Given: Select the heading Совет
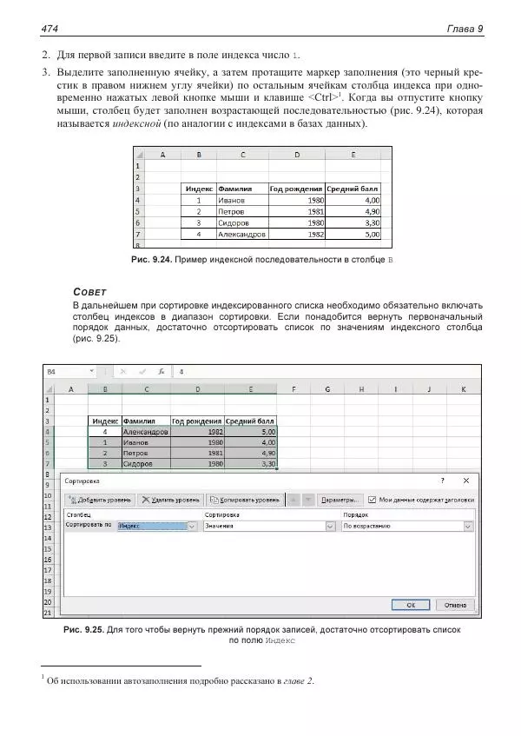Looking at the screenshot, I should pyautogui.click(x=90, y=292).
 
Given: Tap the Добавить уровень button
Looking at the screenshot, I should pyautogui.click(x=99, y=501).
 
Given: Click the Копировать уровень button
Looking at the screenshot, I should pyautogui.click(x=243, y=501).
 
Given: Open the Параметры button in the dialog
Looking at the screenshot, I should pyautogui.click(x=339, y=501).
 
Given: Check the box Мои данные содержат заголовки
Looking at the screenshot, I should pyautogui.click(x=372, y=501).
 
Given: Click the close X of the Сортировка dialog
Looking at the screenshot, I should pyautogui.click(x=466, y=480).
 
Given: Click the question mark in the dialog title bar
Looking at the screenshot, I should pyautogui.click(x=442, y=480).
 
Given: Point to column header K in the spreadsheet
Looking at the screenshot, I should pyautogui.click(x=463, y=388).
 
